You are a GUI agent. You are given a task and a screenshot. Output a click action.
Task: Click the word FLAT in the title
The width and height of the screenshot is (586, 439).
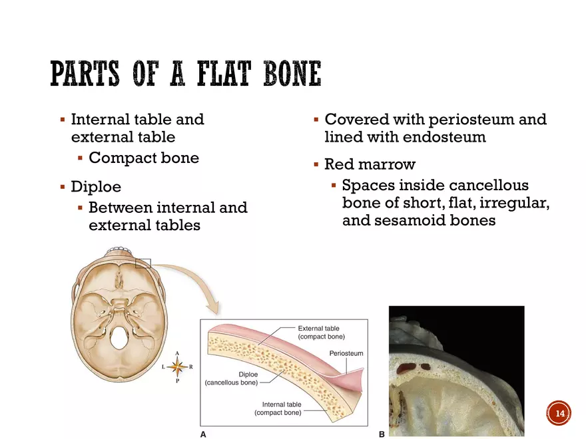[220, 74]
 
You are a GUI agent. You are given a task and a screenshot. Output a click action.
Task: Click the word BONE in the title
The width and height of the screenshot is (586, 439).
[291, 74]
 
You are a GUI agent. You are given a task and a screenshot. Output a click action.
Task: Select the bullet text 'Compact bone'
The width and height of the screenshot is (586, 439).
[143, 158]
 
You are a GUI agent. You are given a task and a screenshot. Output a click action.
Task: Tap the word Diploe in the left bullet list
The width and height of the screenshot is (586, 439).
[96, 188]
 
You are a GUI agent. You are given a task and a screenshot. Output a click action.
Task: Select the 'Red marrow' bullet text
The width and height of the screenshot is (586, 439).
[369, 164]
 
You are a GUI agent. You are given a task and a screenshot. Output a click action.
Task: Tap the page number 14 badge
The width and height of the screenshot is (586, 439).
[559, 413]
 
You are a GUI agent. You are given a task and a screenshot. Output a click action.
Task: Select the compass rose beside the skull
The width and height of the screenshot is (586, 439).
[177, 367]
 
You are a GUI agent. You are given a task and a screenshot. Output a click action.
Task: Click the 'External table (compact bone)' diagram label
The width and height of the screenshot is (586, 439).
[321, 333]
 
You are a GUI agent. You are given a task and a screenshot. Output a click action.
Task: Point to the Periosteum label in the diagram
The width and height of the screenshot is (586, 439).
[346, 353]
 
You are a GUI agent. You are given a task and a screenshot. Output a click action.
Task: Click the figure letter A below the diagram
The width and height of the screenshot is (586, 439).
[204, 434]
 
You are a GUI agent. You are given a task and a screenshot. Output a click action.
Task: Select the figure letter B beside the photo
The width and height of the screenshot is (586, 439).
[382, 434]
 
